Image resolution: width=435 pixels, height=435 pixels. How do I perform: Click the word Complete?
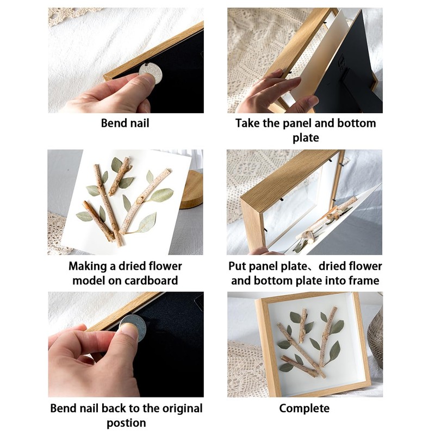coord(304,408)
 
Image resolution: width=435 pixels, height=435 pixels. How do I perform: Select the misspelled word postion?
coord(125,422)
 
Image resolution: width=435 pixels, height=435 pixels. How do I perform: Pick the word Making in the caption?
coord(88,266)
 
